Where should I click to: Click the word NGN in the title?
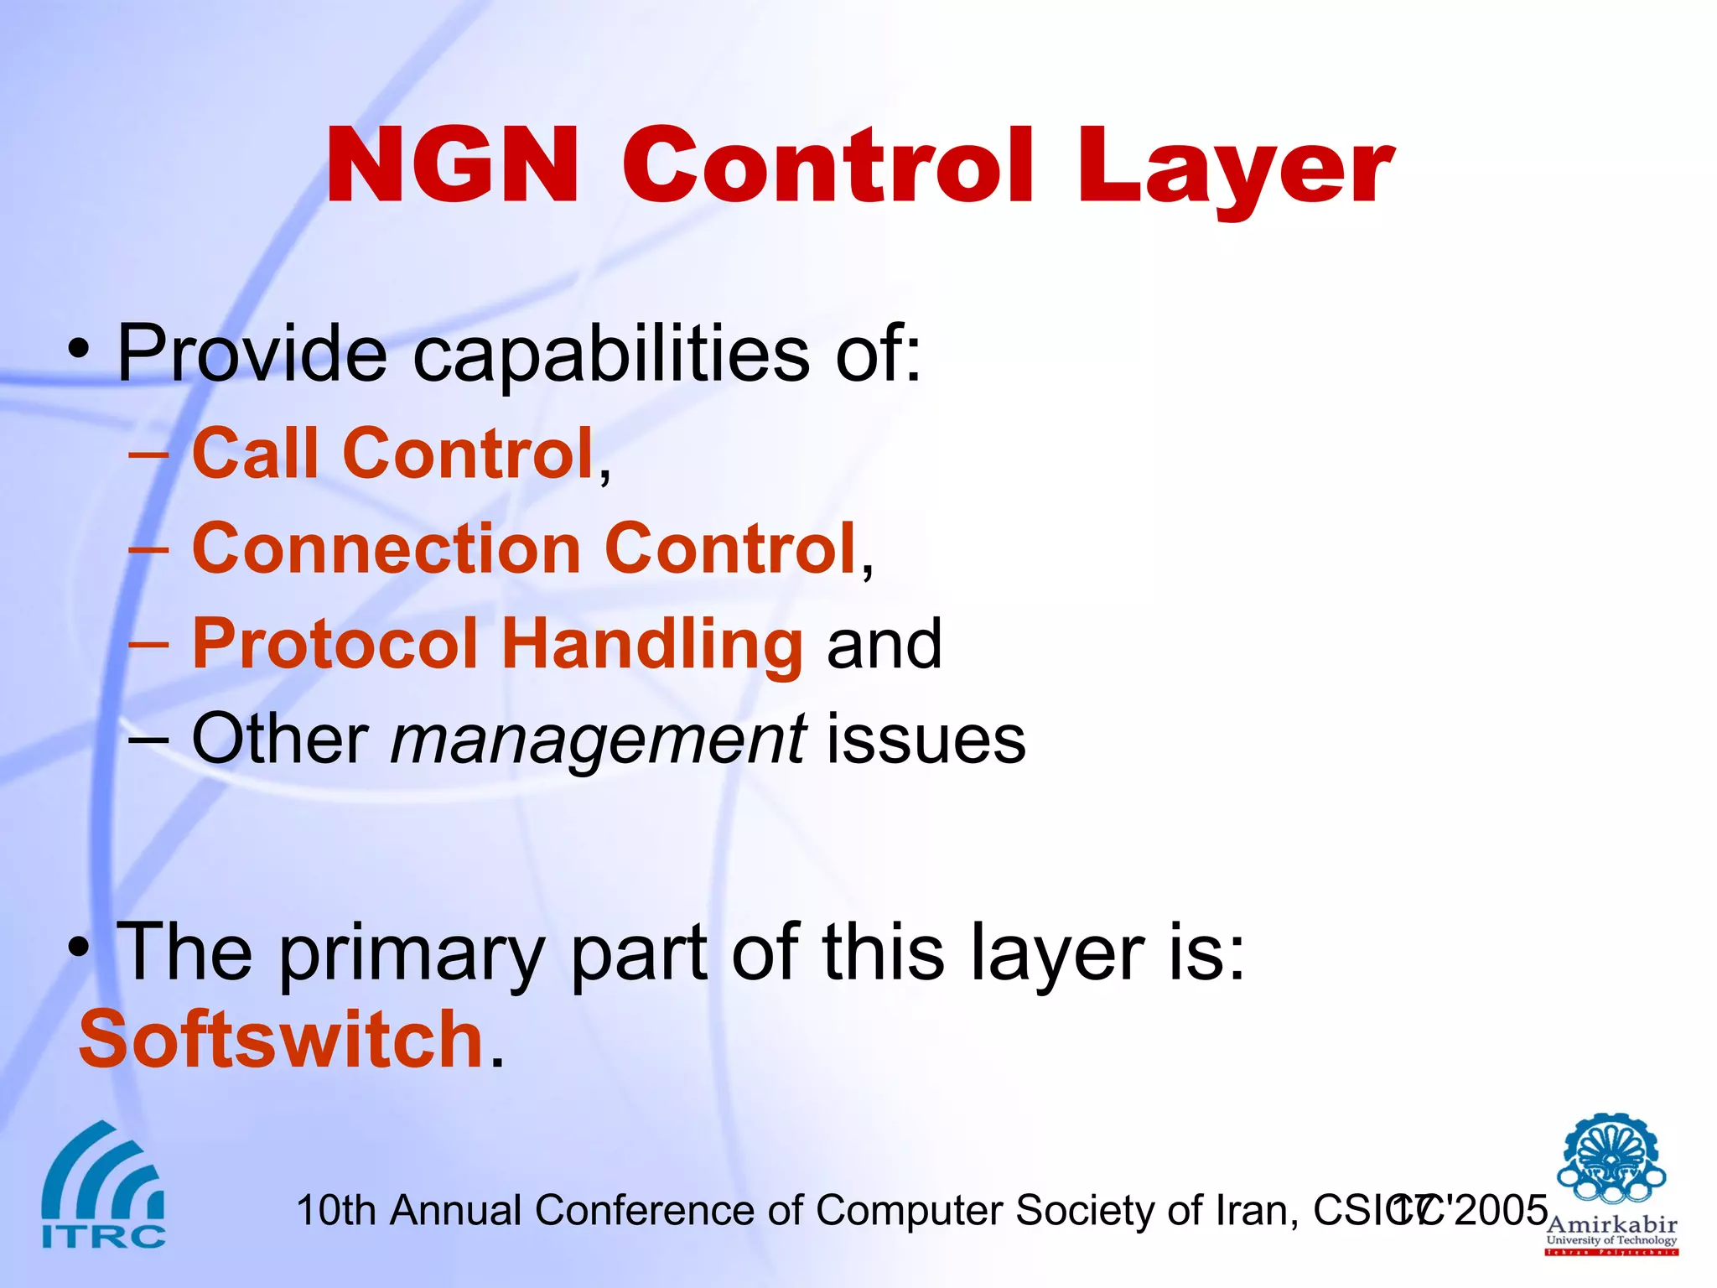click(x=451, y=165)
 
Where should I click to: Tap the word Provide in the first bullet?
click(x=251, y=353)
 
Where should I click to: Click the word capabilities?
click(x=611, y=353)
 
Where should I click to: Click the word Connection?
click(x=386, y=548)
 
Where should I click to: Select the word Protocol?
click(x=335, y=644)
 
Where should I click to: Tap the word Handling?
click(x=652, y=644)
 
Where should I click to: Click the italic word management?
click(x=599, y=739)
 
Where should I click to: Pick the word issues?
click(x=926, y=739)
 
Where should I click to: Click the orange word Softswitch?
click(x=281, y=1040)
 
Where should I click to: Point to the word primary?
click(x=411, y=953)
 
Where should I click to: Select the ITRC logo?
click(x=103, y=1184)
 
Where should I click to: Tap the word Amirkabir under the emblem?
click(x=1611, y=1224)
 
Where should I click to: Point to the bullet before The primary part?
click(x=79, y=948)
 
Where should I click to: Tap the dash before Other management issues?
click(x=149, y=740)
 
